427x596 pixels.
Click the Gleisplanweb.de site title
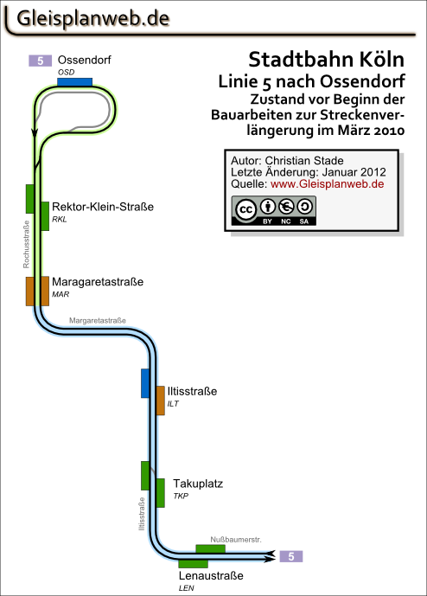(93, 19)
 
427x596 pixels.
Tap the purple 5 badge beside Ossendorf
(40, 61)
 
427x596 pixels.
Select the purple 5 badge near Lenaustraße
(291, 556)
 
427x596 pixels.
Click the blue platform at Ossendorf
(75, 82)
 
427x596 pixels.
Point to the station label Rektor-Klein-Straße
(103, 207)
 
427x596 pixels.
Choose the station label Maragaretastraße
(98, 282)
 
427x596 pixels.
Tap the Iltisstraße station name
(192, 391)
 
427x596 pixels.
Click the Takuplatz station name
(198, 484)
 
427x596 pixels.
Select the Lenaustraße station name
(211, 575)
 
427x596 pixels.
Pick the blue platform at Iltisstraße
(145, 383)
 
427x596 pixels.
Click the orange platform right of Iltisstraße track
(160, 401)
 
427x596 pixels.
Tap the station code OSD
(66, 72)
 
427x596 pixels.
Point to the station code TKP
(181, 496)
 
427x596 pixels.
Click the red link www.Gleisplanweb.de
(327, 184)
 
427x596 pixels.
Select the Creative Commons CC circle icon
(245, 209)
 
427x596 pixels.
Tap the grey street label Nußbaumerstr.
(236, 540)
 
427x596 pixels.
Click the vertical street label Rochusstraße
(26, 245)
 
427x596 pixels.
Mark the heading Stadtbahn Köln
(327, 60)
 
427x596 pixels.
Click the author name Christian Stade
(304, 161)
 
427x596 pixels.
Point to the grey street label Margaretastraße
(98, 320)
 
